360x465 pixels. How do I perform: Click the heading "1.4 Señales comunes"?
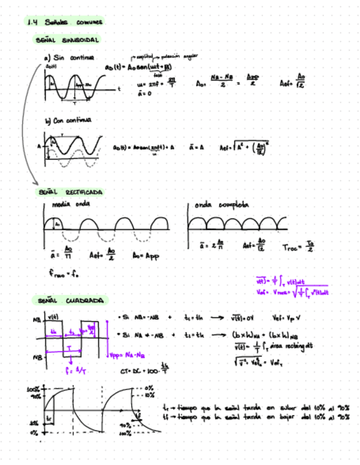coord(64,22)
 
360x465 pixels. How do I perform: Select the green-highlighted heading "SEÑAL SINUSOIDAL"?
coord(66,41)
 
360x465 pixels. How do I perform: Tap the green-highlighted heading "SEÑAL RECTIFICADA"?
coord(70,192)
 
